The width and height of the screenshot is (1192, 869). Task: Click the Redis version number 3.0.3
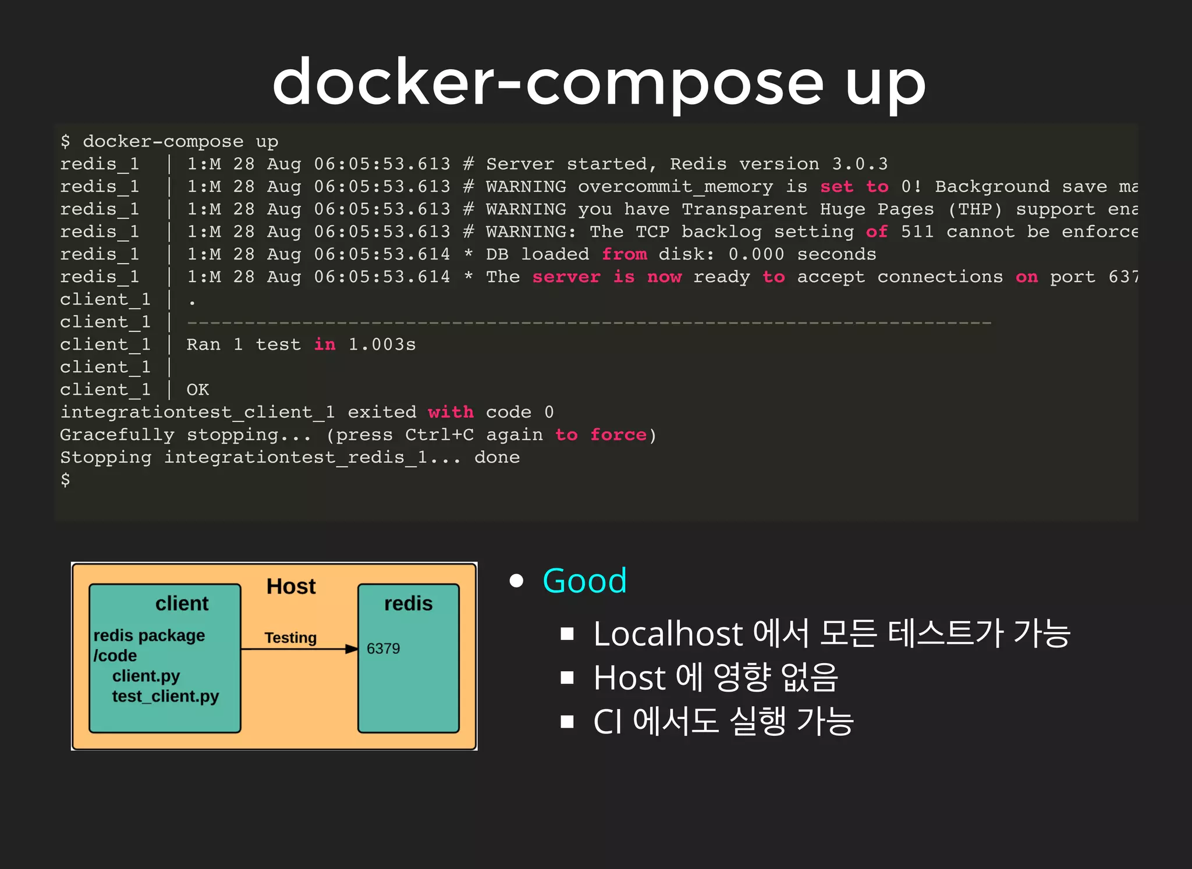coord(860,164)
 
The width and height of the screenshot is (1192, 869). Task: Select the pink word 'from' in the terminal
coord(624,254)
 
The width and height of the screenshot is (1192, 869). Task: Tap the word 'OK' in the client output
coord(197,390)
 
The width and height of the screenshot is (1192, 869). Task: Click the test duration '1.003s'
coord(382,344)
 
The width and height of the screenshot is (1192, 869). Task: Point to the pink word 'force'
coord(618,435)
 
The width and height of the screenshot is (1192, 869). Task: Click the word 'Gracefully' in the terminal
coord(117,435)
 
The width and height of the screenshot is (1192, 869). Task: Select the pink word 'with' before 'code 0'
coord(450,412)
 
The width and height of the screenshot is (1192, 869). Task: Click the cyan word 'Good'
coord(584,580)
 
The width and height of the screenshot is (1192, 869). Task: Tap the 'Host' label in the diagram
coord(291,586)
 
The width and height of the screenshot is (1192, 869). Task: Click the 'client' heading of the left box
coord(182,604)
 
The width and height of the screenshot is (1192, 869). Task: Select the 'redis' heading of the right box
coord(408,604)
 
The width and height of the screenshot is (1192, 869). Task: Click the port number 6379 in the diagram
coord(383,649)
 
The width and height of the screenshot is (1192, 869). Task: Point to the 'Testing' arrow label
coord(290,638)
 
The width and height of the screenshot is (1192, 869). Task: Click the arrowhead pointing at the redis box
coord(352,649)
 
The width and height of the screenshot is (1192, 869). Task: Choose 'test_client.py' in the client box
coord(165,696)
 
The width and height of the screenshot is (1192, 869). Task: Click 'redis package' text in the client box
coord(149,635)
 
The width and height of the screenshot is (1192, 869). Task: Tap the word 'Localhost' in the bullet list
coord(668,633)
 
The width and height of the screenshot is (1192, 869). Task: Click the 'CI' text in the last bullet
coord(608,722)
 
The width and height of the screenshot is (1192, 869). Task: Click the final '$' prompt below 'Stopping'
coord(65,480)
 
